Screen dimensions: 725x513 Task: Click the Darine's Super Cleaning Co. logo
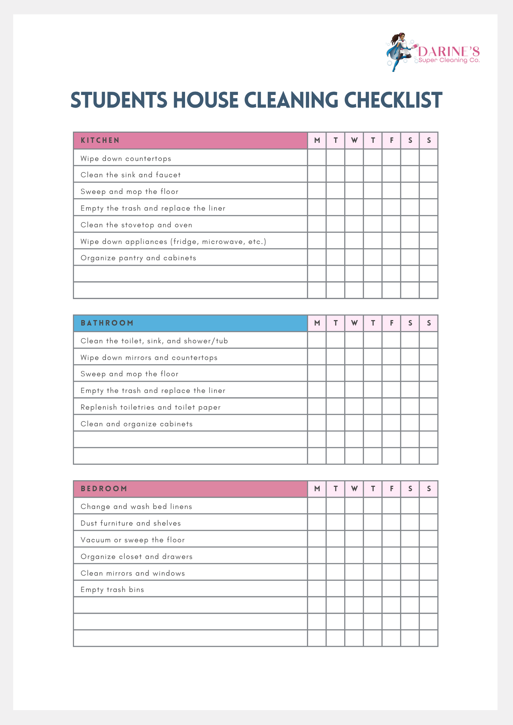point(432,53)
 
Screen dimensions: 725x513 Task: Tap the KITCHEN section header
point(100,141)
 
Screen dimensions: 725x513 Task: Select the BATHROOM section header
point(107,323)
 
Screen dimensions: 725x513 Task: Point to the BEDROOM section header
point(104,489)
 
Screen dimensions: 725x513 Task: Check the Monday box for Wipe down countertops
point(317,158)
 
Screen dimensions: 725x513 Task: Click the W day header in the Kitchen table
point(354,141)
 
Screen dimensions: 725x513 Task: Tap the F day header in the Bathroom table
point(391,323)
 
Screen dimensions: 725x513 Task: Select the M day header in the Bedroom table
point(317,489)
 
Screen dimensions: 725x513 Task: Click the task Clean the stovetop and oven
point(136,225)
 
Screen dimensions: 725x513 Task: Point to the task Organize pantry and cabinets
point(138,258)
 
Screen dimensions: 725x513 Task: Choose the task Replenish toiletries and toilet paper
point(151,407)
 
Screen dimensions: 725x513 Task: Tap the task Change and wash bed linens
point(136,507)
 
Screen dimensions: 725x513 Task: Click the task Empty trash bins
point(112,590)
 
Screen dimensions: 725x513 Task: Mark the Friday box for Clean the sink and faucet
point(391,174)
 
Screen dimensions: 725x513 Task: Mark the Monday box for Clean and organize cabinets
point(317,423)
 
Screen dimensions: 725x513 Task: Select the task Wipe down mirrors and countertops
point(149,358)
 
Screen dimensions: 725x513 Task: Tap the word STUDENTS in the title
point(119,100)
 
